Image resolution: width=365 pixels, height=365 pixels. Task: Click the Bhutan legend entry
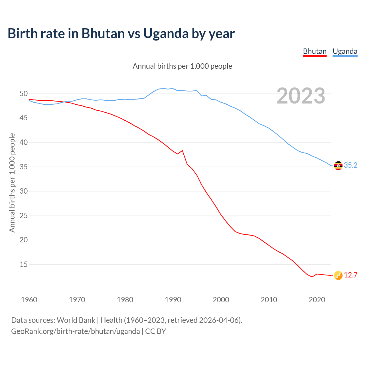point(315,51)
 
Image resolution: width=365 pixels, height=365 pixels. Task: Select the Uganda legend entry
point(345,51)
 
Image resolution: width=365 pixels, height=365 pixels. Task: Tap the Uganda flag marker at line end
point(338,165)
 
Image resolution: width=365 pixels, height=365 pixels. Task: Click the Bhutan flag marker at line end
point(338,275)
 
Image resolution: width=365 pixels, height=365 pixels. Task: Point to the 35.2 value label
point(350,165)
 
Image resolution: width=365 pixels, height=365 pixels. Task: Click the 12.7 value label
point(350,275)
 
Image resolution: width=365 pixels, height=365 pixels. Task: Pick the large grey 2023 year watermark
point(301,96)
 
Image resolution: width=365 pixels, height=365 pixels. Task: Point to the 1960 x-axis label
point(29,300)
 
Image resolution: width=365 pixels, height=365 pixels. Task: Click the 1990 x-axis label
point(173,300)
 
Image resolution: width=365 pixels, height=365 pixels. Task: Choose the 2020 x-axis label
point(317,300)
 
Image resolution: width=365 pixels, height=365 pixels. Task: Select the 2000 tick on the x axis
point(221,300)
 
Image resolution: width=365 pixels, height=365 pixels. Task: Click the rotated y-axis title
point(12,182)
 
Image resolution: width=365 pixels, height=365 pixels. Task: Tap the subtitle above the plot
point(182,66)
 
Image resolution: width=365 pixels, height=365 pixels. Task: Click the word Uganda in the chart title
point(166,34)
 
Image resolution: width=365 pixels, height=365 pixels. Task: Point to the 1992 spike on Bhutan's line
point(182,151)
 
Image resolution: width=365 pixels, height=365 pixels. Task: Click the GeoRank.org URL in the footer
point(75,331)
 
